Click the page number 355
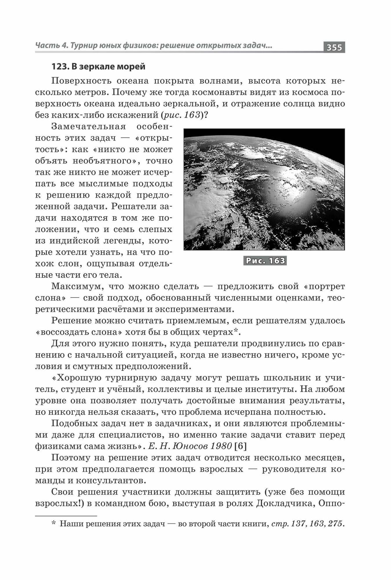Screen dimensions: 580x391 coord(334,47)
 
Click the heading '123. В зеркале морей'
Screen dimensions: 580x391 coord(98,66)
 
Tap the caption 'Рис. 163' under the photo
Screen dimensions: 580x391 coord(265,261)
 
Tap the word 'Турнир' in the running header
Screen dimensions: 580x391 coord(86,46)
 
